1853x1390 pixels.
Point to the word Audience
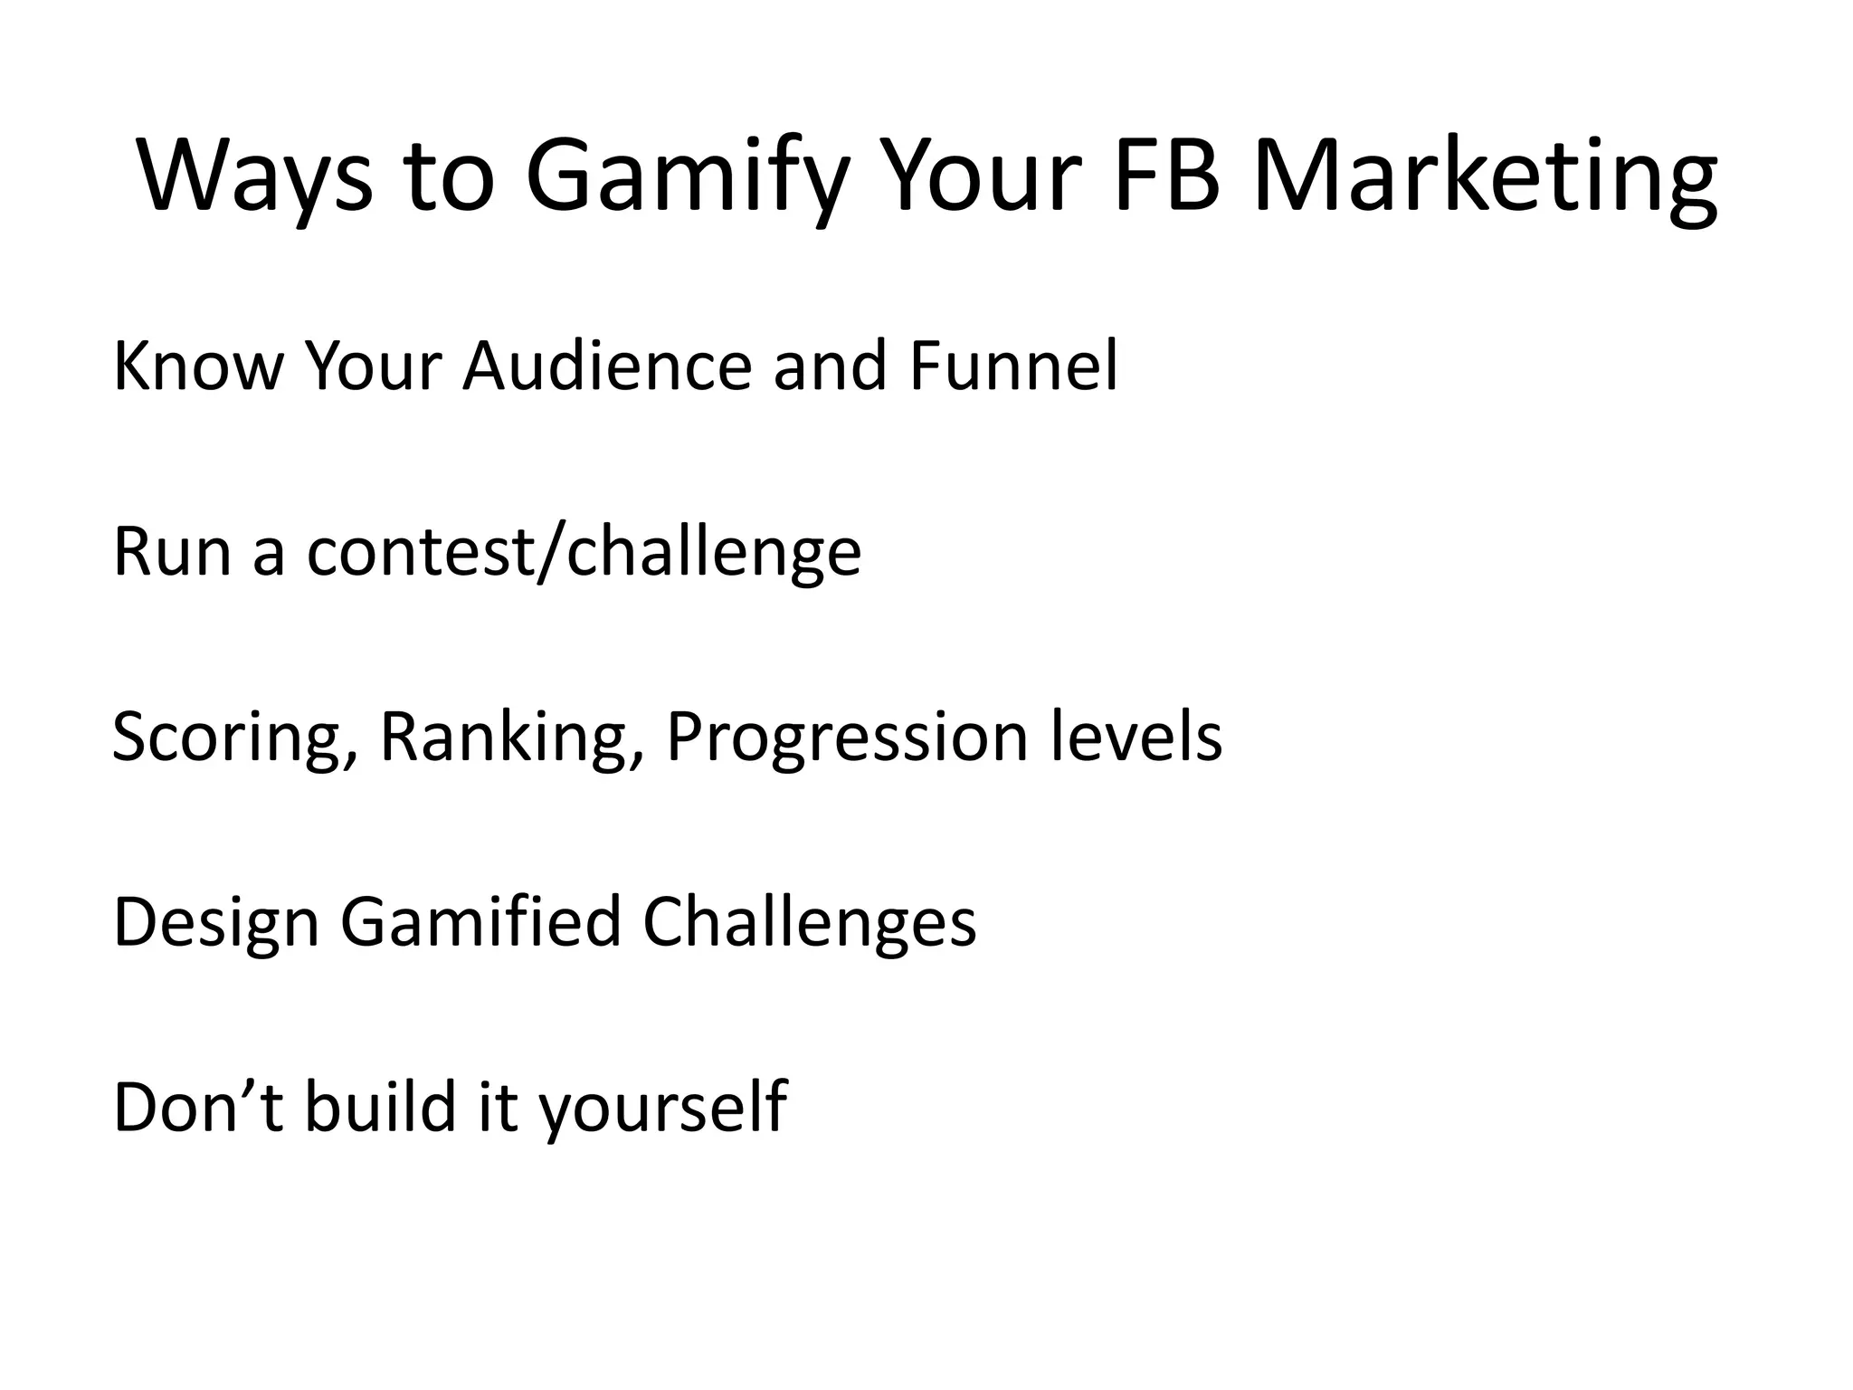tap(607, 367)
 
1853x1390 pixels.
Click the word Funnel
tap(1013, 367)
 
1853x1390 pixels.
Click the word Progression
tap(847, 738)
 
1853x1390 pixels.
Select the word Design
tap(216, 923)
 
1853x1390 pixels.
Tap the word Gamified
tap(480, 923)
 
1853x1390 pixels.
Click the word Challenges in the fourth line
tap(810, 923)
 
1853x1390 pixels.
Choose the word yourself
tap(663, 1109)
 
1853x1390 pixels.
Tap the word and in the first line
tap(829, 367)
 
